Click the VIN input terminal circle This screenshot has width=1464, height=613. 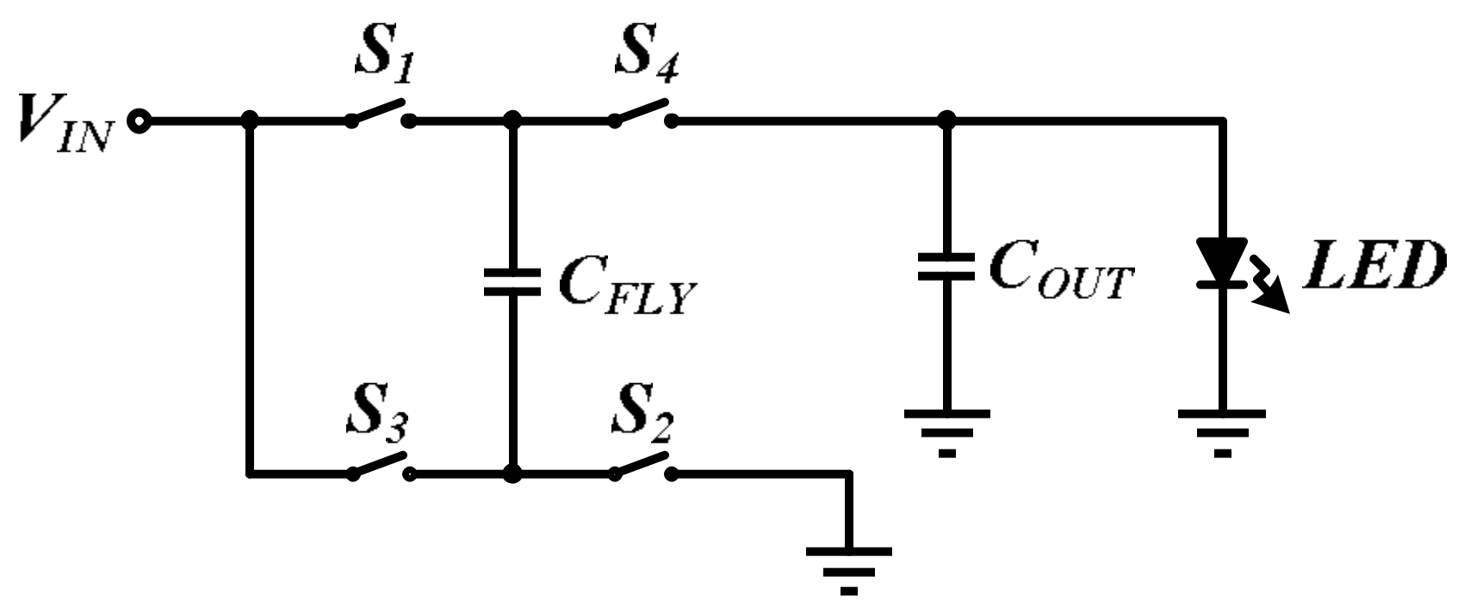click(x=138, y=121)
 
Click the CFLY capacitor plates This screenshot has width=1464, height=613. click(x=512, y=282)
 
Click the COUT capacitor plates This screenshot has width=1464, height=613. click(x=946, y=266)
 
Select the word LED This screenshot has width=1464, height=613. click(x=1370, y=268)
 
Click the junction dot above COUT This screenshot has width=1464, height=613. click(x=946, y=121)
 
